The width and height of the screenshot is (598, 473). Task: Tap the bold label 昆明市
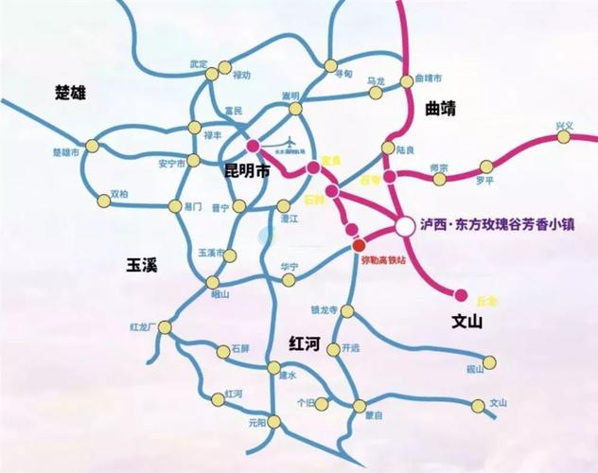click(247, 171)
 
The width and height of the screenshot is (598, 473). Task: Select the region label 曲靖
click(441, 109)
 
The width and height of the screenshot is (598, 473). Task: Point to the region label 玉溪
click(141, 265)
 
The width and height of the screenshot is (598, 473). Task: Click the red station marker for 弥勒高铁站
click(359, 245)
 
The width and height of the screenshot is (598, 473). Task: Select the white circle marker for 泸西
click(404, 226)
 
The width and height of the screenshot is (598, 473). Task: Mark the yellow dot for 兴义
click(564, 136)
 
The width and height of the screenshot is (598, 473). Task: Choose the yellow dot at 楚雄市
click(92, 146)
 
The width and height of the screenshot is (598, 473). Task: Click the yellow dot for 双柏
click(103, 200)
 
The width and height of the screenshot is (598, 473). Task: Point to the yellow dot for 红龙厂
click(165, 327)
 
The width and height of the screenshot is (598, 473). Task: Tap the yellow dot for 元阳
click(275, 422)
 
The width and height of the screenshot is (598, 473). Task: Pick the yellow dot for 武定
click(224, 67)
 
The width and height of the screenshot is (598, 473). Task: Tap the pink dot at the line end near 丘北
click(462, 294)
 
